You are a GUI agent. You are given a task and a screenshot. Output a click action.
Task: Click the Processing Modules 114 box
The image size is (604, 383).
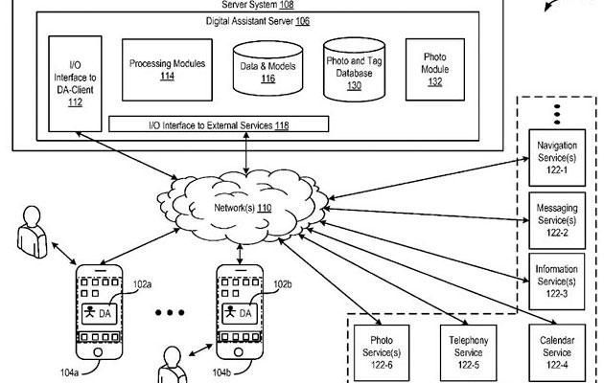167,69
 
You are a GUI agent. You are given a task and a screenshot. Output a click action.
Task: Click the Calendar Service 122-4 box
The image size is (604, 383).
557,349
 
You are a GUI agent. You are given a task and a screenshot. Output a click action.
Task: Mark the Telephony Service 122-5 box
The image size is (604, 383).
470,349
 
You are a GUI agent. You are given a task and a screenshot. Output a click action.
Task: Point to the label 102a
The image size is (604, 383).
143,284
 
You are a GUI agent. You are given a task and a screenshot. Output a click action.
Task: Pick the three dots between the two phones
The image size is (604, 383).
170,313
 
